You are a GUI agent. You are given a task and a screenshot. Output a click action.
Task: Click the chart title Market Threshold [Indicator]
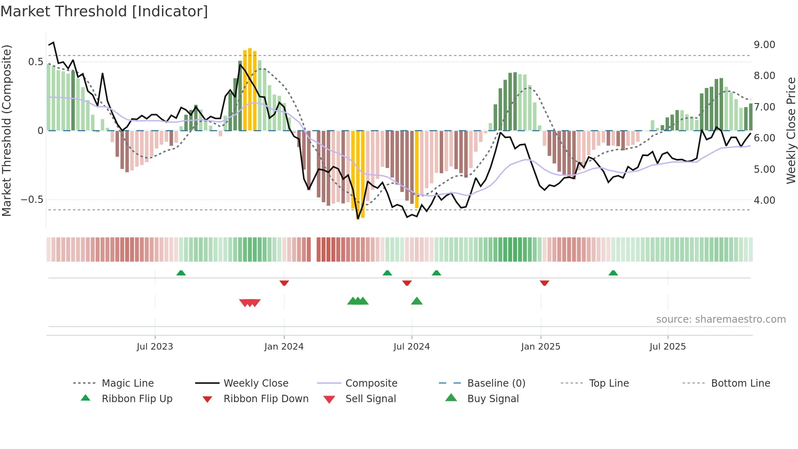(x=104, y=11)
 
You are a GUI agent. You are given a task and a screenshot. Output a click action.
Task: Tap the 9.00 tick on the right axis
(x=764, y=45)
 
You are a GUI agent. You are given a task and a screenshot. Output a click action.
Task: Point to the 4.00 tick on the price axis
(x=764, y=200)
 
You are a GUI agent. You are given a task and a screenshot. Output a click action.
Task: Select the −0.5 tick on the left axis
(x=32, y=200)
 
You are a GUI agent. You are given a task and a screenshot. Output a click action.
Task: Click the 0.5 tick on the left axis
(x=35, y=62)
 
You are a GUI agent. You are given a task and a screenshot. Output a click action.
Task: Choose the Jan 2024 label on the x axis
(x=284, y=347)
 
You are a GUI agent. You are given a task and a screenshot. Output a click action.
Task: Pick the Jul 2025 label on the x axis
(x=667, y=347)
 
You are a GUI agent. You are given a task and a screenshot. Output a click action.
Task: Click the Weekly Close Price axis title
(x=791, y=130)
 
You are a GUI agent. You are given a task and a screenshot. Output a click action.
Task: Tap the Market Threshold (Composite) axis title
(x=7, y=130)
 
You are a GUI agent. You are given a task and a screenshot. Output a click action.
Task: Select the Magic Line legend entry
(x=127, y=383)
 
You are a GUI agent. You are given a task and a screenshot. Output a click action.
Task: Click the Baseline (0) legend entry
(x=496, y=383)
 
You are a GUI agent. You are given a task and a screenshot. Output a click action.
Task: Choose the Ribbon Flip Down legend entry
(x=265, y=399)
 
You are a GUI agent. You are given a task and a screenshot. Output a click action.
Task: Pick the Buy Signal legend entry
(x=493, y=399)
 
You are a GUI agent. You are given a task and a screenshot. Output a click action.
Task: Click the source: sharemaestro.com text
(x=721, y=319)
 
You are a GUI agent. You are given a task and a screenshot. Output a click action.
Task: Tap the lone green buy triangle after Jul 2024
(x=417, y=301)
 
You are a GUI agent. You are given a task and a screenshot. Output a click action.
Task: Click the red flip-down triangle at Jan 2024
(x=284, y=283)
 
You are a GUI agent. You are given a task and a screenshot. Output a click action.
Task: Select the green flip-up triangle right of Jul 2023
(x=181, y=273)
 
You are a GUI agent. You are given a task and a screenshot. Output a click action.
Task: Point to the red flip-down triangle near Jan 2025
(x=544, y=283)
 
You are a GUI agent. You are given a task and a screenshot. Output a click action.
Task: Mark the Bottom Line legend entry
(x=740, y=383)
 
